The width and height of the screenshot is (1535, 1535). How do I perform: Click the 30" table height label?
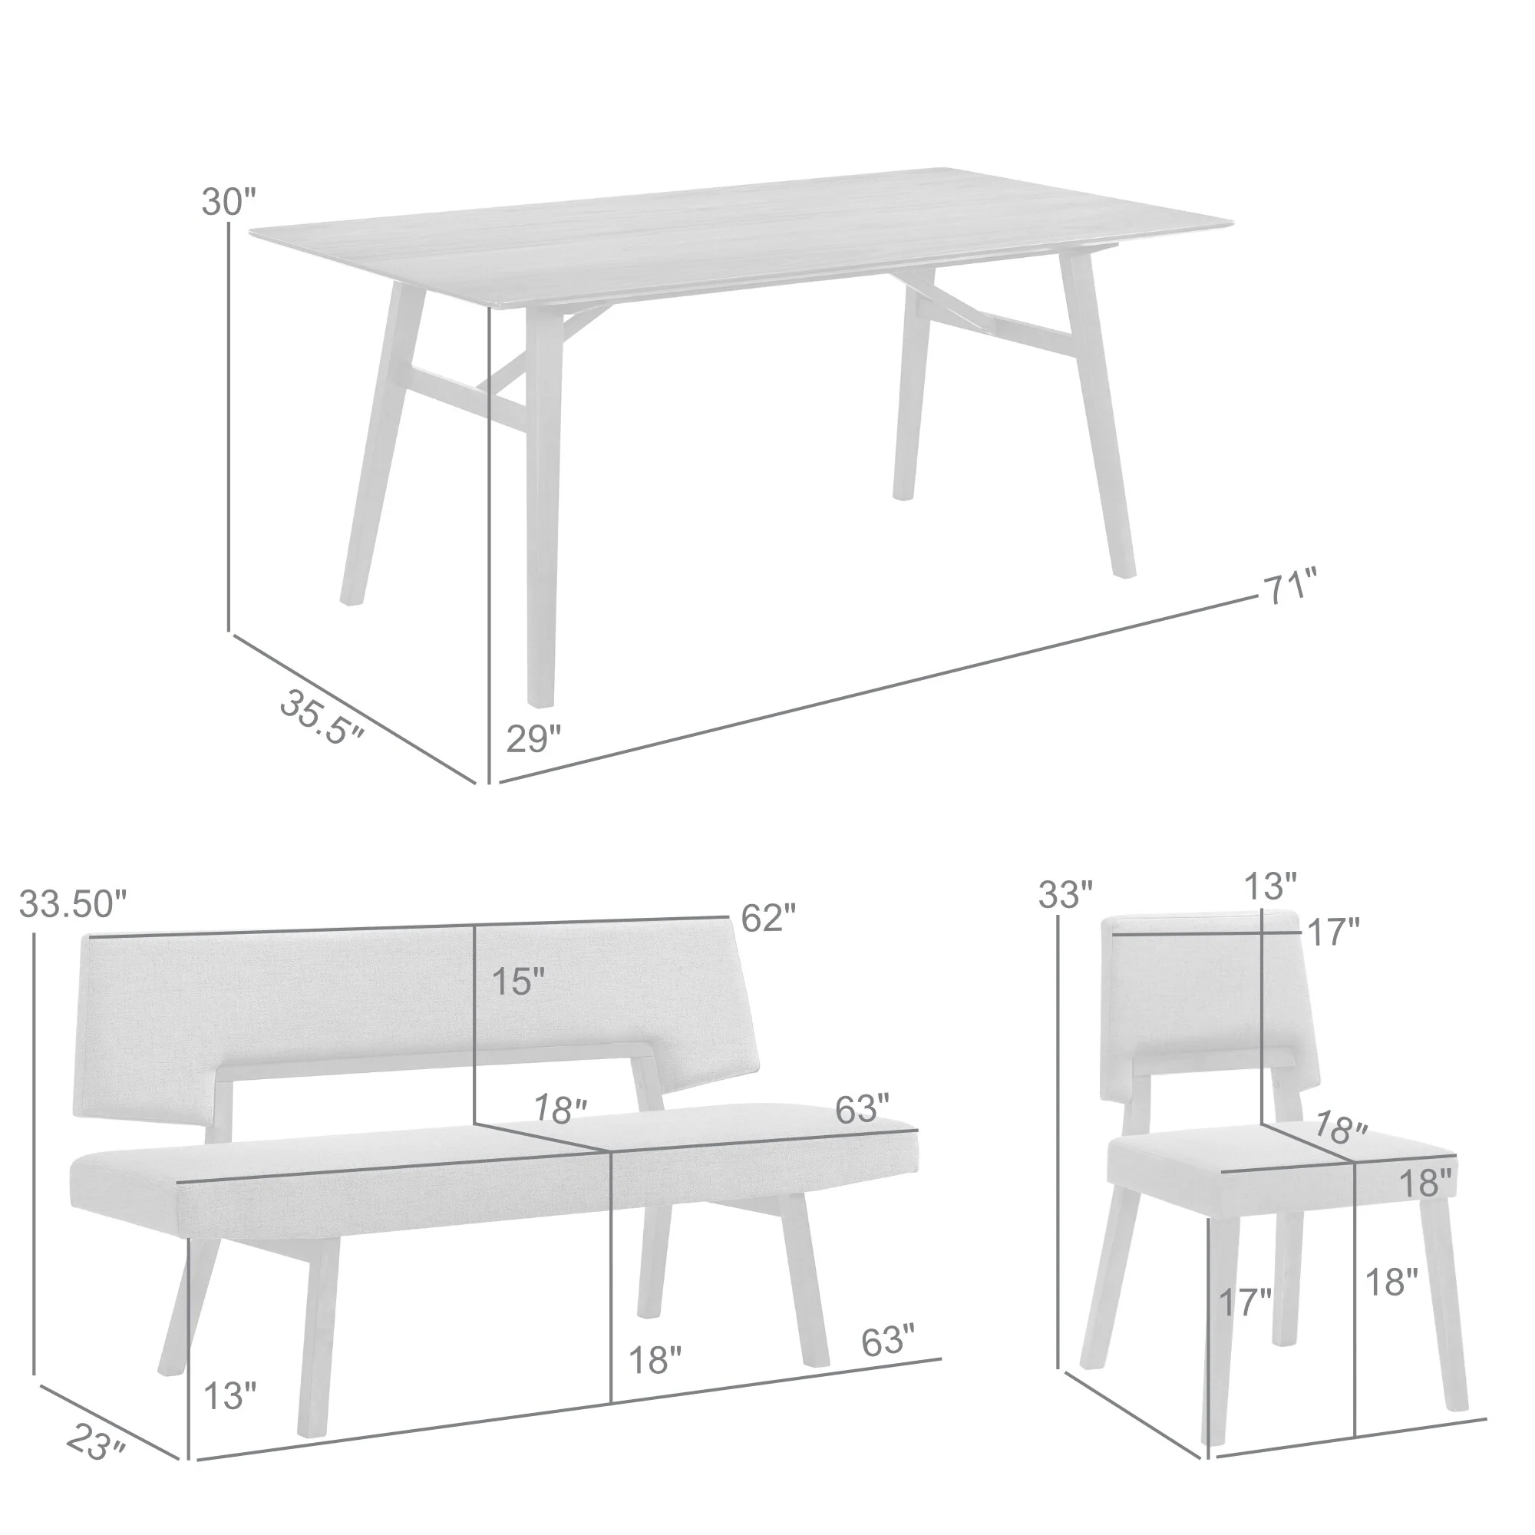[229, 203]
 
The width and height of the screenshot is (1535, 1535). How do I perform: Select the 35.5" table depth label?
[322, 717]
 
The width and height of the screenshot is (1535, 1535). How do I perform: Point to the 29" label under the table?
[534, 739]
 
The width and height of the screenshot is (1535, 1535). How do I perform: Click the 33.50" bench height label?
[73, 903]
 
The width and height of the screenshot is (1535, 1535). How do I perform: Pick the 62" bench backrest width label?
[767, 919]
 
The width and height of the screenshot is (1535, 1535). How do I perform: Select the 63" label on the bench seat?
[861, 1109]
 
